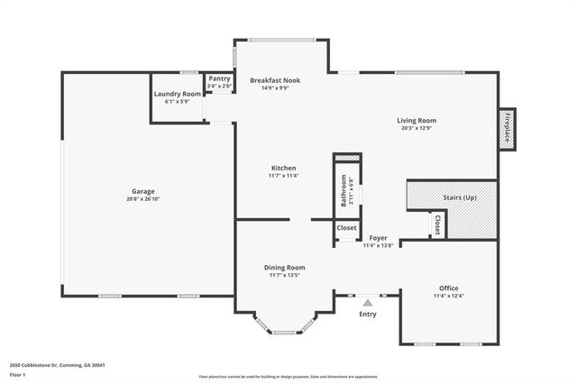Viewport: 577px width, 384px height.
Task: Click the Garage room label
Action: (143, 191)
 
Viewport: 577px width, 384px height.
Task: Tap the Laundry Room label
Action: (178, 94)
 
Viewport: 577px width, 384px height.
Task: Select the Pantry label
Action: (219, 78)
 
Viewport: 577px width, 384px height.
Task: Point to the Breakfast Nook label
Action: (275, 80)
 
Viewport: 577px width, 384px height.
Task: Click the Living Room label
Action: (417, 120)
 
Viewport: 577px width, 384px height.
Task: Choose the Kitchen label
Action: (283, 168)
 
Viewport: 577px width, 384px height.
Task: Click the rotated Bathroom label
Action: (343, 190)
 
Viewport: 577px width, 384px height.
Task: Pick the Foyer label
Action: (378, 238)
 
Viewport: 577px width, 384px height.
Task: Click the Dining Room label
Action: (284, 267)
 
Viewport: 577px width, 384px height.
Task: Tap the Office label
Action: (448, 288)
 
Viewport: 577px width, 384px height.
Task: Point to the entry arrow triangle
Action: (368, 301)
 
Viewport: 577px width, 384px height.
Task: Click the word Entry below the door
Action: (368, 314)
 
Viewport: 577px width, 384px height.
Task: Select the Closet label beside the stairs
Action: (436, 225)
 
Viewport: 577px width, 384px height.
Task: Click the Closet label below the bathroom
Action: (347, 228)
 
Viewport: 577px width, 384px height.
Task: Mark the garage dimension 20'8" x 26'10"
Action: (143, 199)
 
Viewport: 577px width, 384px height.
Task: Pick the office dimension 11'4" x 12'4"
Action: (448, 297)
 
